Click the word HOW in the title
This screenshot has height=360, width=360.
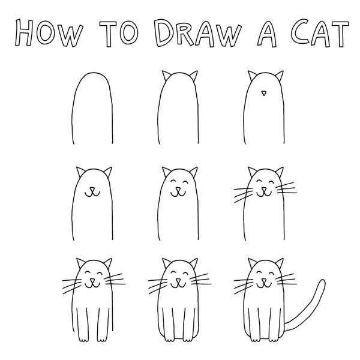tap(48, 33)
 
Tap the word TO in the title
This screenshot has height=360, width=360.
tap(119, 34)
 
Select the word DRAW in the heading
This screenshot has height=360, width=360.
tap(197, 34)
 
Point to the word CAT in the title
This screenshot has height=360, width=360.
tap(320, 33)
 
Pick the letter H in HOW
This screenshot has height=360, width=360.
tap(24, 33)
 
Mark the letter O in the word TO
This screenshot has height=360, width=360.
tap(129, 34)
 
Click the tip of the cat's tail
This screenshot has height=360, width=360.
tap(323, 281)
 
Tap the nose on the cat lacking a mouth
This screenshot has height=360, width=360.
tap(264, 93)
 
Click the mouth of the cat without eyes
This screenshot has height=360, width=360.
tap(92, 194)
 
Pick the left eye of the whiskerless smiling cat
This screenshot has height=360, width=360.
tap(174, 181)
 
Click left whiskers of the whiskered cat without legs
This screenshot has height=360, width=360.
tap(244, 194)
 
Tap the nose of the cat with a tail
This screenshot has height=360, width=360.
tap(264, 281)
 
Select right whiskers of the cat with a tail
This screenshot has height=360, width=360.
tap(287, 279)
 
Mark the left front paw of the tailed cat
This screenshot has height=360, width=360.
tap(254, 340)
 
